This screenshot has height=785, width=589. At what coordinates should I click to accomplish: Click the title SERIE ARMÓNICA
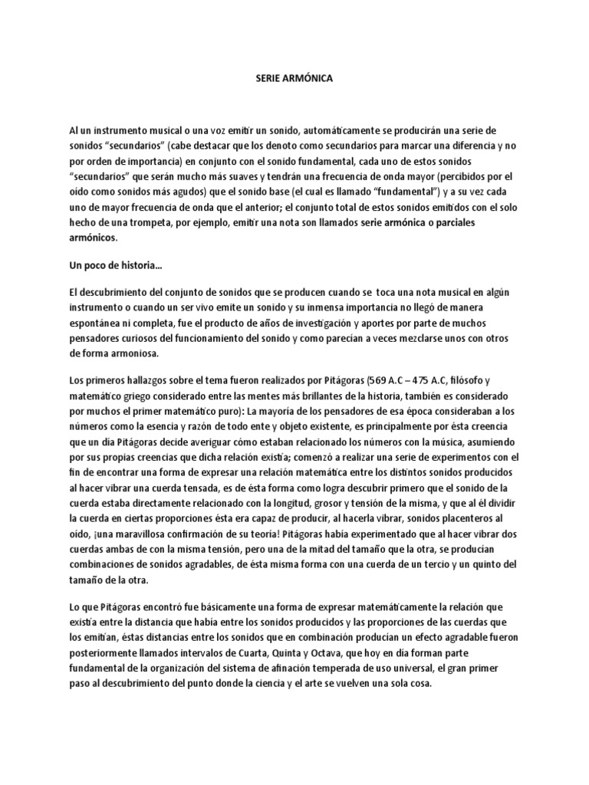pos(294,77)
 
